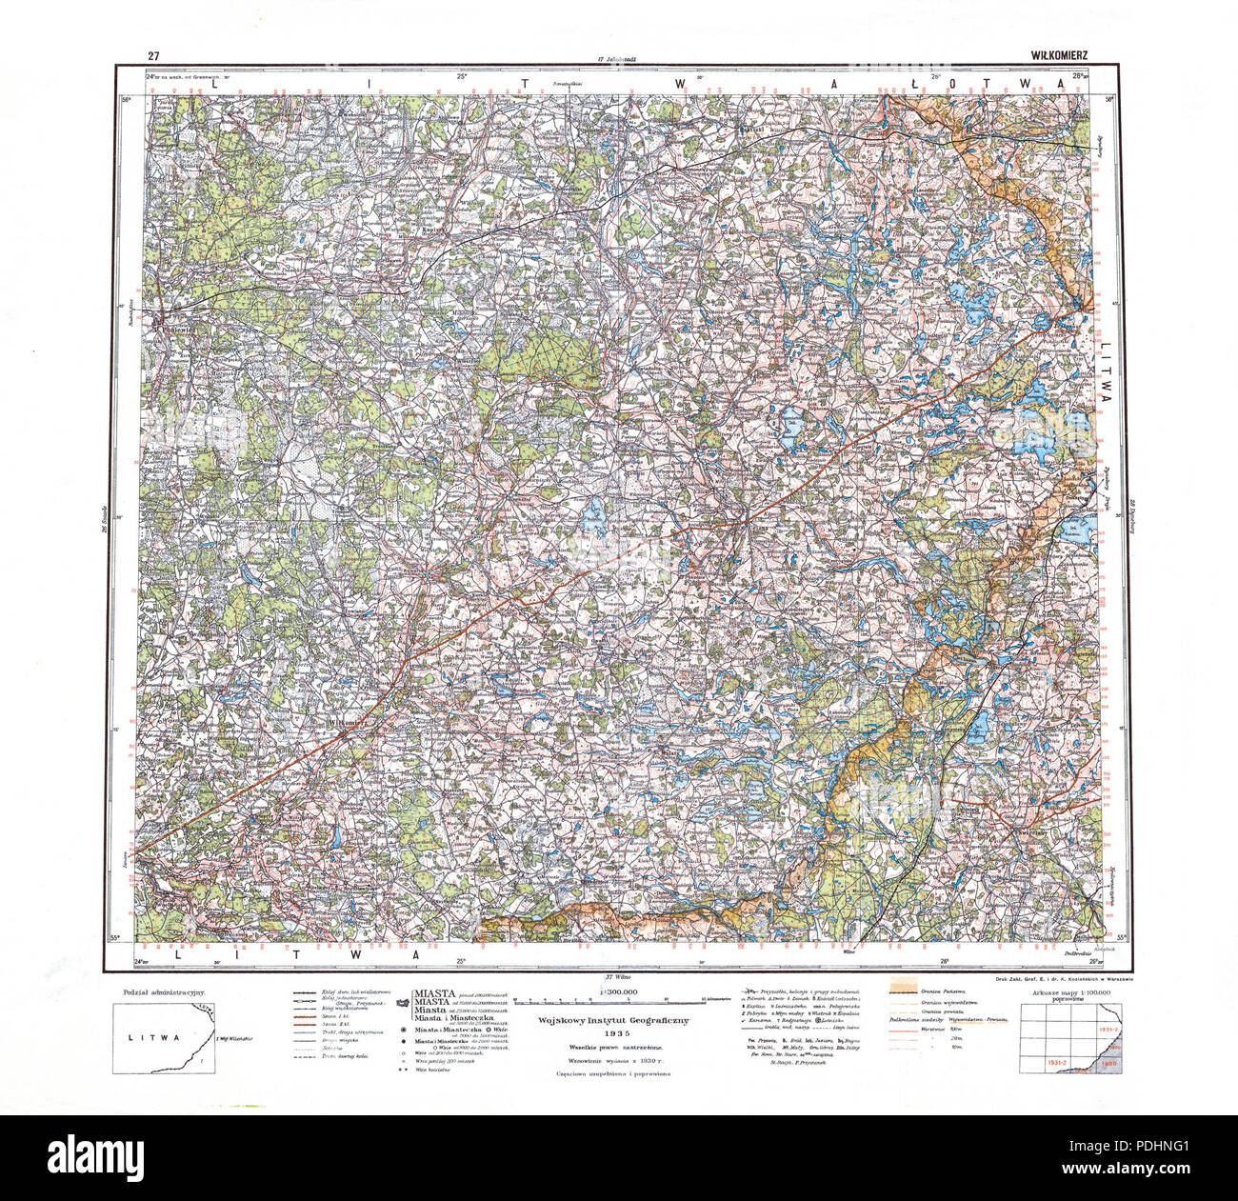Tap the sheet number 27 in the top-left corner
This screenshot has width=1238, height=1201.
[152, 55]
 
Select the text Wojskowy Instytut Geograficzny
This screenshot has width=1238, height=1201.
[617, 1019]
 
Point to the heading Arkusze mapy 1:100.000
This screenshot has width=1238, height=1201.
[1065, 993]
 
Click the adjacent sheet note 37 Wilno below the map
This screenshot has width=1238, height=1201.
[620, 977]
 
